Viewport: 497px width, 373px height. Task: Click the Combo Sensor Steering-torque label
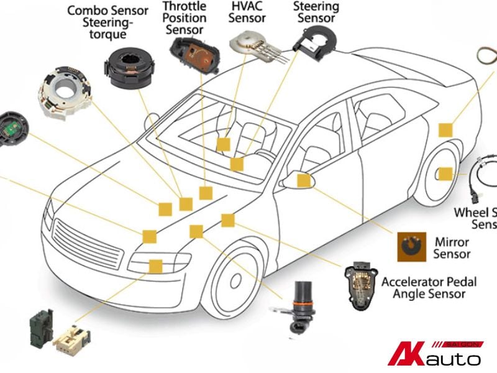click(x=108, y=22)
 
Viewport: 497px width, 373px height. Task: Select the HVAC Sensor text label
click(x=247, y=12)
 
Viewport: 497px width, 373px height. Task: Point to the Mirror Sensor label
click(x=452, y=247)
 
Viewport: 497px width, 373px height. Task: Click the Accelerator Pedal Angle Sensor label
click(x=429, y=287)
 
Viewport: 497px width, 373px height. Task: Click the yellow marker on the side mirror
click(x=304, y=180)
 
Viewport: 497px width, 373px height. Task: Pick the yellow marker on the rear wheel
click(x=445, y=174)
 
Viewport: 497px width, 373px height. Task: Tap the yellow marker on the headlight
click(x=155, y=266)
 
